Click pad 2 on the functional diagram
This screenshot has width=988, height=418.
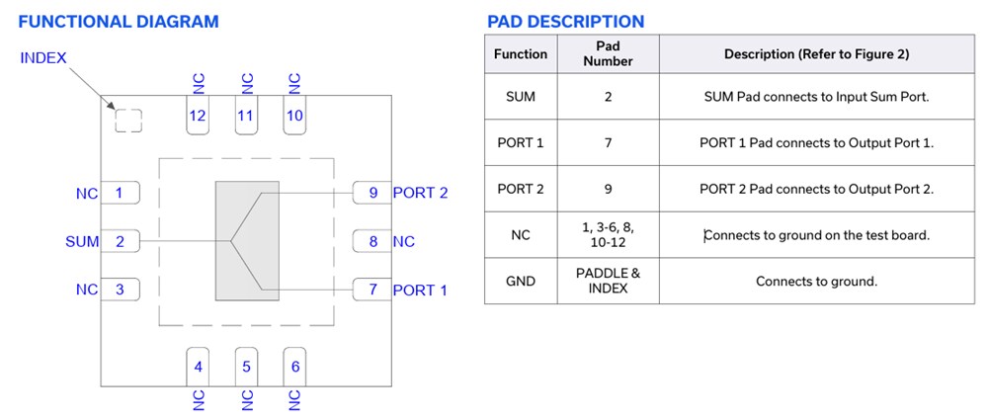(120, 241)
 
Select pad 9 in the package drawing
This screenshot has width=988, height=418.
(372, 193)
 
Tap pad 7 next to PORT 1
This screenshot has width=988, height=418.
(372, 290)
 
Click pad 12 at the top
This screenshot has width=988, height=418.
(198, 116)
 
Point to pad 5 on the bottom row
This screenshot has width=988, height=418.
(246, 367)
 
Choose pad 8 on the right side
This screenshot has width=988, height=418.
(372, 241)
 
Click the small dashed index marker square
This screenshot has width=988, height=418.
(128, 121)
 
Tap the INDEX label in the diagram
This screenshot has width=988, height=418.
(43, 58)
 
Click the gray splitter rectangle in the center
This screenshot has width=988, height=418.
(247, 240)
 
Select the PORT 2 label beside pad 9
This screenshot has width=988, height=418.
(420, 193)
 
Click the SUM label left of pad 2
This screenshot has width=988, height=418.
(82, 241)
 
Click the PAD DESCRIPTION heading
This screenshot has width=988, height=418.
(565, 21)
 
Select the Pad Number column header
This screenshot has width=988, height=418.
(608, 53)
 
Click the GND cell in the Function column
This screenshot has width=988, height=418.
(521, 281)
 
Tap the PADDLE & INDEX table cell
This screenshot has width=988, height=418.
(608, 281)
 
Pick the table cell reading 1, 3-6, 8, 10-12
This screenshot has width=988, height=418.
(608, 234)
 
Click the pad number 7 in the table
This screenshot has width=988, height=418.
(608, 142)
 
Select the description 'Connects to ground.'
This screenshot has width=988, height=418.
(816, 281)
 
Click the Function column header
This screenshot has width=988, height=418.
(521, 53)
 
